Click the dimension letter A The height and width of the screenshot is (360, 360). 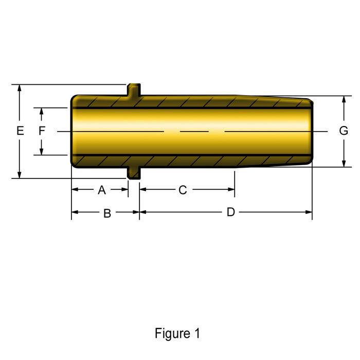102,190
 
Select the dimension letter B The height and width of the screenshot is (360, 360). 107,213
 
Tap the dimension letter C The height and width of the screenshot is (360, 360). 183,190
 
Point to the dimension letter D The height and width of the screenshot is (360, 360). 231,212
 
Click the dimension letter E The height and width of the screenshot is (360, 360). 20,131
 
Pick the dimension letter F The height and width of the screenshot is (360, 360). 42,131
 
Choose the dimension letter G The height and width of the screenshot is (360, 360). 344,131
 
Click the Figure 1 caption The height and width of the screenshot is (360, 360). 177,333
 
